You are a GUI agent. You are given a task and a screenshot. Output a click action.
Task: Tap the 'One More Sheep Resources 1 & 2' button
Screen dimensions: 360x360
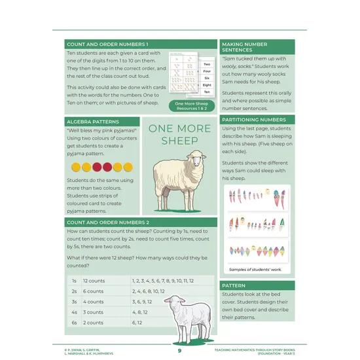[x=192, y=105]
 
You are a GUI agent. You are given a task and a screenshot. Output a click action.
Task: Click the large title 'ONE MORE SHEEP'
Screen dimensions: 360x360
[x=179, y=134]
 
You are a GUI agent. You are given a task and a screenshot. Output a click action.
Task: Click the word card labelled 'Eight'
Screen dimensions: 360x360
[x=206, y=84]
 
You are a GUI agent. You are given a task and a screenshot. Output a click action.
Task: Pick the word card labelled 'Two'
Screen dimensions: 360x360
[x=206, y=64]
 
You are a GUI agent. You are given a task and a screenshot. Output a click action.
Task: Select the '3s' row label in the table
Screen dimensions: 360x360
[x=74, y=302]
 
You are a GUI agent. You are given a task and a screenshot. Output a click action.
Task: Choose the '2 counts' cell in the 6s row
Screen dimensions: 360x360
[x=93, y=323]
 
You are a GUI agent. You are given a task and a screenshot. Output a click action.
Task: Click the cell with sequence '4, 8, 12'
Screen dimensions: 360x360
[x=143, y=312]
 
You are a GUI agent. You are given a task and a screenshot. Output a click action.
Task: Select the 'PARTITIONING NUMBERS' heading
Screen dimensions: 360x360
[x=253, y=120]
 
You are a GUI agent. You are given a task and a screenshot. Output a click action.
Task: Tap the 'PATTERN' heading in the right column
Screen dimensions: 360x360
[x=234, y=286]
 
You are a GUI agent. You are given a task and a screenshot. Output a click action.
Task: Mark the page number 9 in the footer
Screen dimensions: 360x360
[x=179, y=350]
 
